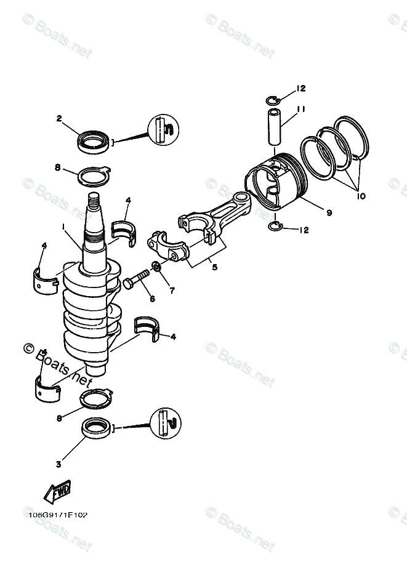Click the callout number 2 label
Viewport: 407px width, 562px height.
point(60,118)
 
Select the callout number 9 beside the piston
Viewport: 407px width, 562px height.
point(329,213)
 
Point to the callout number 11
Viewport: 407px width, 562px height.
point(301,109)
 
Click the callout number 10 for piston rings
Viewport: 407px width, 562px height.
point(360,196)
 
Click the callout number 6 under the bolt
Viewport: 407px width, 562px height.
point(151,299)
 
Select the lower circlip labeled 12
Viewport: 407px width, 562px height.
point(276,228)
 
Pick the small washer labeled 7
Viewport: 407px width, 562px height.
point(157,267)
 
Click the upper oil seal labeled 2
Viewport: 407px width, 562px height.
point(93,142)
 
